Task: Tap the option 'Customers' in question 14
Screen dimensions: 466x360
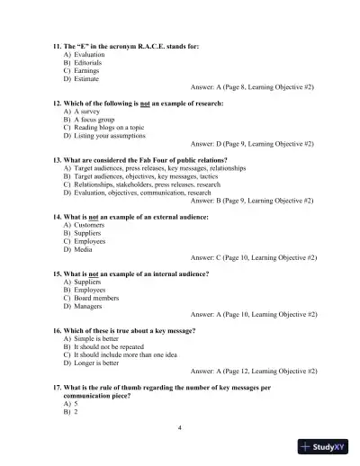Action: point(88,226)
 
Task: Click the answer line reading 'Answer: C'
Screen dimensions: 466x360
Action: point(253,257)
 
